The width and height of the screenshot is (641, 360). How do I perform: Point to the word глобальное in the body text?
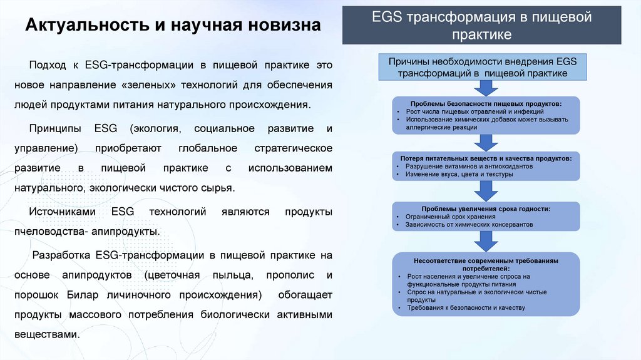(208, 148)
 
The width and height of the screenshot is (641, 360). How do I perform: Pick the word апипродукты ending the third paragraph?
(125, 232)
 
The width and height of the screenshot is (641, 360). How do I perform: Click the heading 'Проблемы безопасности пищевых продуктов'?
(486, 103)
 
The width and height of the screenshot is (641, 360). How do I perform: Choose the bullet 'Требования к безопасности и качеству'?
(465, 307)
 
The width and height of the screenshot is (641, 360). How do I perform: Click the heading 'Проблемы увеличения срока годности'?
(486, 208)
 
